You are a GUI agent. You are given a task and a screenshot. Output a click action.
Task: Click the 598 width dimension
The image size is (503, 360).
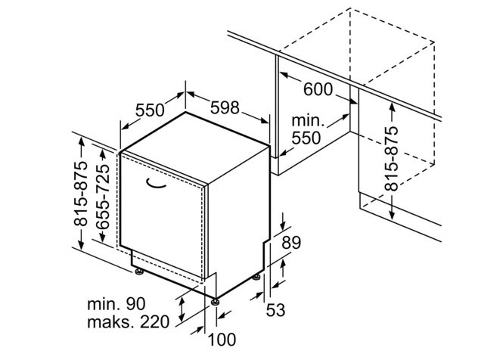226,108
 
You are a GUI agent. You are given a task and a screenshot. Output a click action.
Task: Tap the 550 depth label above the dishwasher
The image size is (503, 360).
150,110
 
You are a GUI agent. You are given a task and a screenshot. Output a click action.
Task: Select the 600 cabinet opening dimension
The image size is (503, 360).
318,88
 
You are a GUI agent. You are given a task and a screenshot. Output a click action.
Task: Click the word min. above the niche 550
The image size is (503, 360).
307,121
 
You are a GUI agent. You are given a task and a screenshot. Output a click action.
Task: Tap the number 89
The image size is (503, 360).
291,243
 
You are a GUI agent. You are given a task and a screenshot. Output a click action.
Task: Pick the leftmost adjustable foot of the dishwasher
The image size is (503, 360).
138,271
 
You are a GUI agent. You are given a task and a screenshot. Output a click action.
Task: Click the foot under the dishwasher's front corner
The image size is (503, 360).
217,302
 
